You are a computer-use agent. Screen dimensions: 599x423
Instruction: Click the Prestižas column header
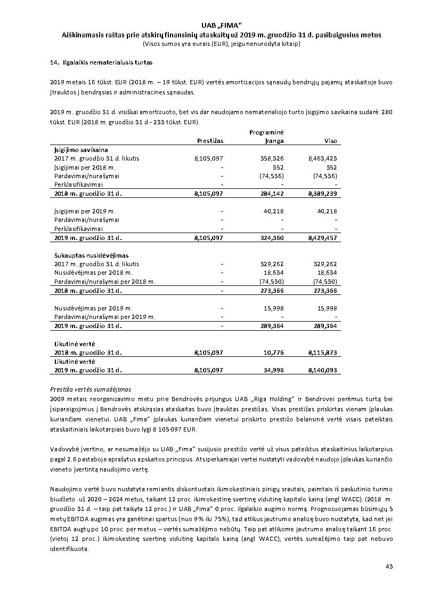coord(210,141)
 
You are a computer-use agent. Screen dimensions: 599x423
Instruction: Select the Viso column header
coord(330,141)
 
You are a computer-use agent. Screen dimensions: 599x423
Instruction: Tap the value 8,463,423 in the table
coord(322,158)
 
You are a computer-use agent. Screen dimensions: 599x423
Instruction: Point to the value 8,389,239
coord(322,193)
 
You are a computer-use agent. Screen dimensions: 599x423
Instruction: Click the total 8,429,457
coord(322,238)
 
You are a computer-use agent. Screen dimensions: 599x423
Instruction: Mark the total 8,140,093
coord(322,370)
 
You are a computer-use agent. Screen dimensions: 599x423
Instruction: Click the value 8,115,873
coord(322,353)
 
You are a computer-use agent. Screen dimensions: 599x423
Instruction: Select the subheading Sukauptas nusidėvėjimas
coord(91,255)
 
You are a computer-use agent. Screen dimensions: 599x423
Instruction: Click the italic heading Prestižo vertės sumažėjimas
coord(91,389)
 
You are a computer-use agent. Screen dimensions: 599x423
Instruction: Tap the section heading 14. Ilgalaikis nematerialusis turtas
coord(101,62)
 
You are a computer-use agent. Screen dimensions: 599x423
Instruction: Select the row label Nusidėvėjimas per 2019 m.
coord(93,308)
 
